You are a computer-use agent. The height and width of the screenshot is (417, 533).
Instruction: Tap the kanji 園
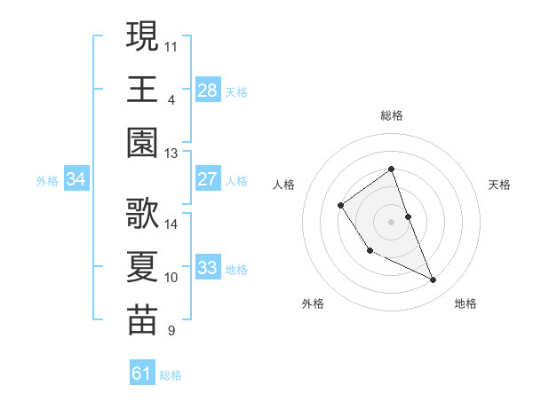[x=142, y=142]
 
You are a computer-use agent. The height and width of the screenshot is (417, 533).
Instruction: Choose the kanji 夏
[x=142, y=265]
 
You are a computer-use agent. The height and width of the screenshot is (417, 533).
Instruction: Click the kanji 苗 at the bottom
[x=142, y=319]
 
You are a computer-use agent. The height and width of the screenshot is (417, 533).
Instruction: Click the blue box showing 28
[x=208, y=90]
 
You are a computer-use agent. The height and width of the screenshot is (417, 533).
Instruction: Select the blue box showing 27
[x=208, y=179]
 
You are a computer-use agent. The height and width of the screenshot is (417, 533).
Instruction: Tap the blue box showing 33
[x=208, y=268]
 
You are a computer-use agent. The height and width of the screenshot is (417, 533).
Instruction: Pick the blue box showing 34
[x=76, y=179]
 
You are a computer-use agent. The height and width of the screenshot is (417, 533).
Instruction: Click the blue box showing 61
[x=142, y=374]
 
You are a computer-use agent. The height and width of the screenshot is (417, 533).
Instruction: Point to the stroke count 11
[x=171, y=44]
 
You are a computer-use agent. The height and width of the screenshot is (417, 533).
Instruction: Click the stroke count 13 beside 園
[x=171, y=153]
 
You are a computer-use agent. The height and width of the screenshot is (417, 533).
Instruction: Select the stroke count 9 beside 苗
[x=171, y=332]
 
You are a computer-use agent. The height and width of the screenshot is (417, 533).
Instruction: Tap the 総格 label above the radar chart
[x=392, y=115]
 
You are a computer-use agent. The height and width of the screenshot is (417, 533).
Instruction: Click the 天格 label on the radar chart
[x=500, y=185]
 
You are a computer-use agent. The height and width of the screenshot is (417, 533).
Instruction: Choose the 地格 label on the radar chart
[x=465, y=303]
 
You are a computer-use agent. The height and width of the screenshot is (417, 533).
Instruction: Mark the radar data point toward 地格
[x=434, y=280]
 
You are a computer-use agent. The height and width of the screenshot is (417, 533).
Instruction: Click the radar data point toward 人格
[x=341, y=206]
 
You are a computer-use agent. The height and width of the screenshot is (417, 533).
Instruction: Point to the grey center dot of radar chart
[x=392, y=221]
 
